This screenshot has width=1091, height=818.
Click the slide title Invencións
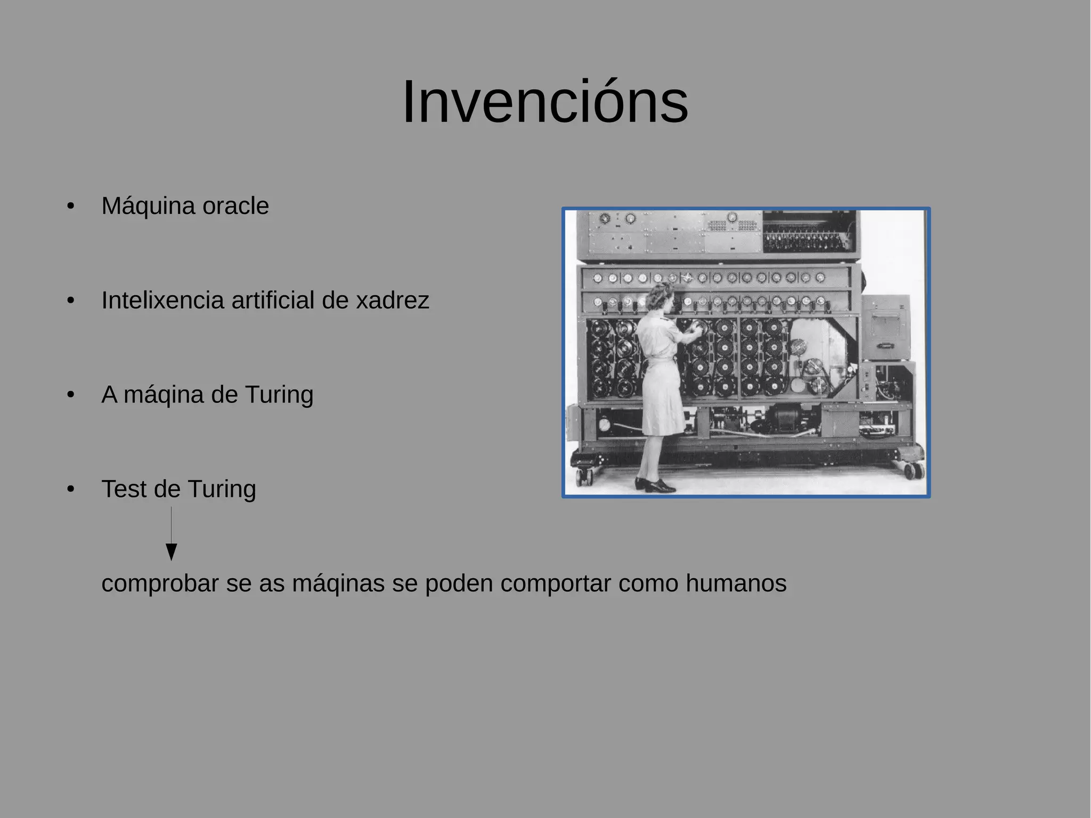click(545, 102)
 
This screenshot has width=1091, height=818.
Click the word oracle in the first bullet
click(235, 206)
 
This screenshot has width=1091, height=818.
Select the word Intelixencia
click(162, 300)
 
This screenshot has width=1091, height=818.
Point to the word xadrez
click(392, 301)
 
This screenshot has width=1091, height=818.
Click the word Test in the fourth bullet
click(123, 489)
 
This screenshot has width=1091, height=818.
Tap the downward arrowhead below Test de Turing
click(171, 552)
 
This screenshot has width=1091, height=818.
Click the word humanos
click(736, 583)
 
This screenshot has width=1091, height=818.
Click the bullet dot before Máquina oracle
click(71, 206)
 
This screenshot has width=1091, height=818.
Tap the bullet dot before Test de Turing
click(71, 489)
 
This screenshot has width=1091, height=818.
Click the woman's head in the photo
click(662, 296)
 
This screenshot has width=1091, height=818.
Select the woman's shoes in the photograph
click(656, 485)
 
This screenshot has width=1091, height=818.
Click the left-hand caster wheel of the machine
click(584, 476)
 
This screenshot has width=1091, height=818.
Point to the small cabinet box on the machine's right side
click(885, 327)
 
